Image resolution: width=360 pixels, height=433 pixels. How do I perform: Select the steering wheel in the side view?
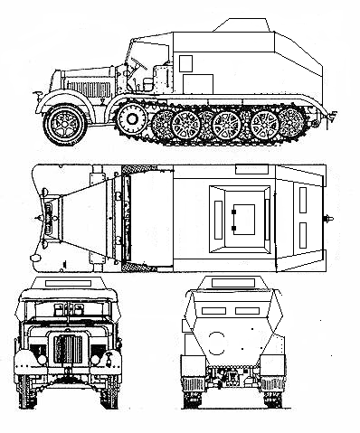coord(136,64)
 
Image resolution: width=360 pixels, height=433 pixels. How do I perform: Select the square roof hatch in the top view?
coord(239,217)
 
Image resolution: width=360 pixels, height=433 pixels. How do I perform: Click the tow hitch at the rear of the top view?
coord(328,218)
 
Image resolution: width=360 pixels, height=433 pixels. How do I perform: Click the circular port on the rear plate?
coord(216,341)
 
